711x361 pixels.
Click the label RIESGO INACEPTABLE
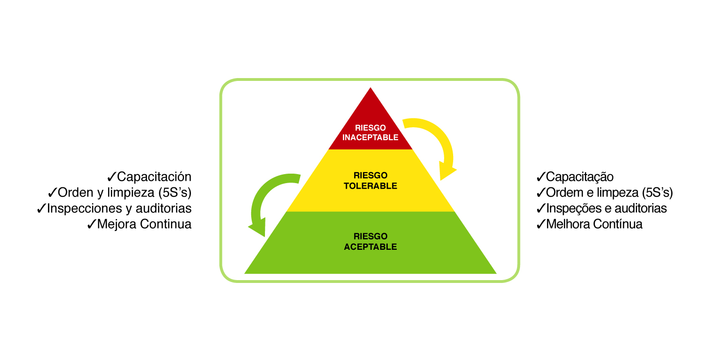point(370,132)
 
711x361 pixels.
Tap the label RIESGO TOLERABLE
point(370,181)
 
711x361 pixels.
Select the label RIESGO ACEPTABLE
point(370,241)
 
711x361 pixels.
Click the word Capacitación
point(154,177)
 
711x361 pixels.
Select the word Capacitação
point(580,177)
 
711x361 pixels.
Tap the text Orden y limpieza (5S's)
point(125,193)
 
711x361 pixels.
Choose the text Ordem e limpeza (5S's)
point(609,193)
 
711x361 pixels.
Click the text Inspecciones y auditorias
point(119,208)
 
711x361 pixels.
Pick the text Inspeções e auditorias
point(606,208)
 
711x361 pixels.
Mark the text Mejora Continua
point(144,224)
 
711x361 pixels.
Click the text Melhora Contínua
point(594,224)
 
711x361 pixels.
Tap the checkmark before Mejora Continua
point(91,224)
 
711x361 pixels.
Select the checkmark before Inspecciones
point(41,209)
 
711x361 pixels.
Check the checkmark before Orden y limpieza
point(52,193)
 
